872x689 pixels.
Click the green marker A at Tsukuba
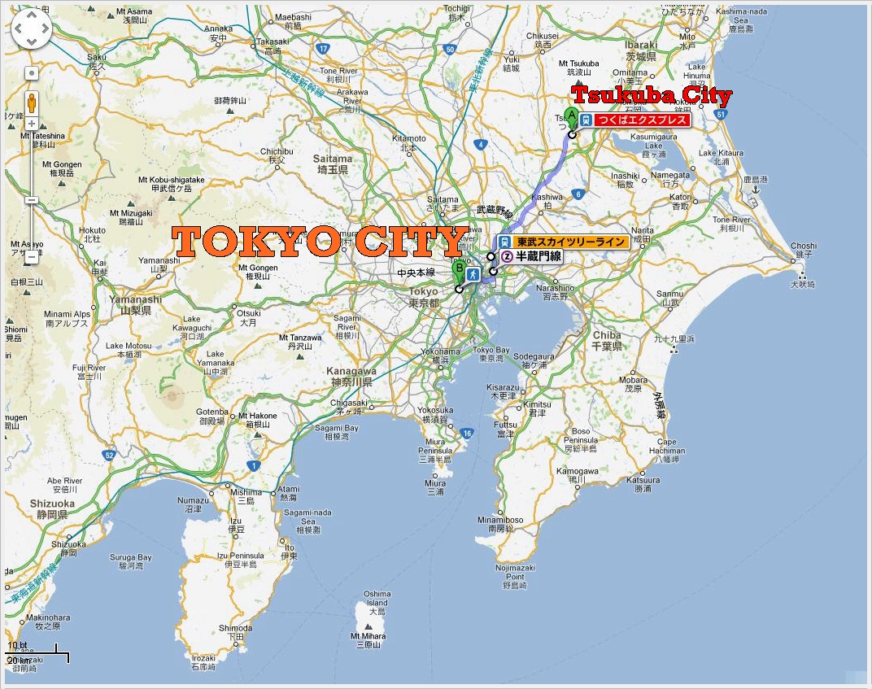pyautogui.click(x=571, y=116)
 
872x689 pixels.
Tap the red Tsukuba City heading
pyautogui.click(x=651, y=95)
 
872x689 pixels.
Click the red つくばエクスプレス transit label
pyautogui.click(x=643, y=120)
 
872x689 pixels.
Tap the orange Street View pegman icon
pyautogui.click(x=32, y=103)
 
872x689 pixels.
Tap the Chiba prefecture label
pyautogui.click(x=607, y=339)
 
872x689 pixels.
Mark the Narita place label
pyautogui.click(x=642, y=236)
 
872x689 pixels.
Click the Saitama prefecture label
pyautogui.click(x=334, y=164)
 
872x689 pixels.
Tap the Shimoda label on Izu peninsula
pyautogui.click(x=236, y=633)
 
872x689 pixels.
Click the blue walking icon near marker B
pyautogui.click(x=473, y=273)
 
